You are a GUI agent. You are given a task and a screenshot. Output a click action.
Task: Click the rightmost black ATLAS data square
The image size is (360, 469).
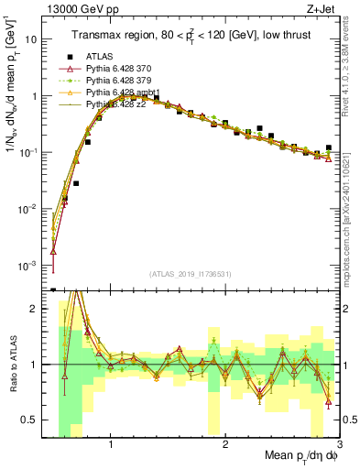pos(328,147)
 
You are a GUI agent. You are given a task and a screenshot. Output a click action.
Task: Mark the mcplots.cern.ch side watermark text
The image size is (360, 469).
pos(351,229)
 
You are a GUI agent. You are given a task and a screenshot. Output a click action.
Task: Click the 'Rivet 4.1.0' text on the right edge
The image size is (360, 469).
pos(351,69)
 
